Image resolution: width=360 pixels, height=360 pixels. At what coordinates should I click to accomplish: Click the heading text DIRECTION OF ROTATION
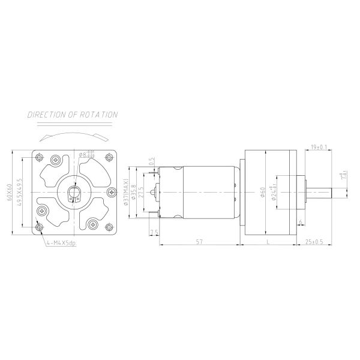(x=73, y=115)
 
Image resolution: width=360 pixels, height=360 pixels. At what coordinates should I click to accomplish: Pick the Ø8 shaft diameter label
(x=86, y=155)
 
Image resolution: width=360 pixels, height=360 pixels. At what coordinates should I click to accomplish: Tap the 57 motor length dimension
(x=199, y=241)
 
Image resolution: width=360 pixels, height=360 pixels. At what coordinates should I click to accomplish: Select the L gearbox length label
(x=266, y=241)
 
